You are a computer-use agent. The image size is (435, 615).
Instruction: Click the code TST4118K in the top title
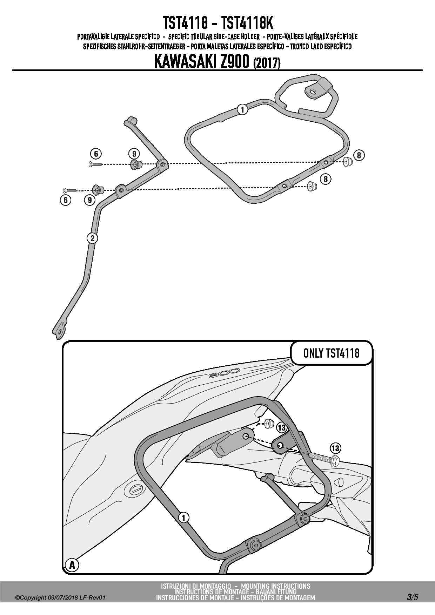pyautogui.click(x=248, y=23)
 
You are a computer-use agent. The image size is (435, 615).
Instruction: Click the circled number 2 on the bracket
pyautogui.click(x=92, y=238)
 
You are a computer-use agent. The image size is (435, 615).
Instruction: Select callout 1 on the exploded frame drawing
pyautogui.click(x=242, y=109)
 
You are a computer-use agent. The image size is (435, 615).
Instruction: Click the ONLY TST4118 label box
pyautogui.click(x=331, y=353)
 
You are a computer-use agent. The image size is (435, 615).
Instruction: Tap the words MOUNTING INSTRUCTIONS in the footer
pyautogui.click(x=275, y=586)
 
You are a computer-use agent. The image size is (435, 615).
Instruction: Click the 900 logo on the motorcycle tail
pyautogui.click(x=223, y=373)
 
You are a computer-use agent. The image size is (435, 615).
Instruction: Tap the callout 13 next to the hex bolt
pyautogui.click(x=335, y=448)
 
